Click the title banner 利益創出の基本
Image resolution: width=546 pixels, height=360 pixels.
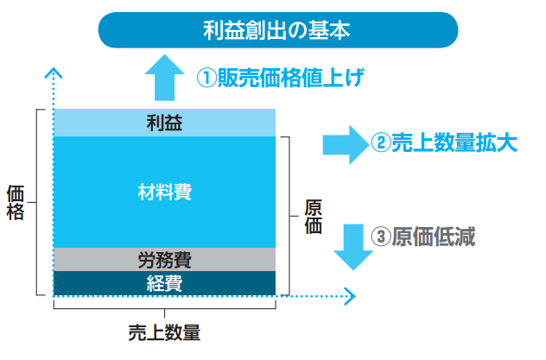coord(276,30)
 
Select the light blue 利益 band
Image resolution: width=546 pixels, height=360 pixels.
coord(164,123)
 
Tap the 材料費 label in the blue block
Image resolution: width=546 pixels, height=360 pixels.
coord(164,191)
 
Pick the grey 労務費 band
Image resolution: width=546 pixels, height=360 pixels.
coord(164,259)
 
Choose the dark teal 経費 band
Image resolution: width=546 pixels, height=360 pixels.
coord(164,282)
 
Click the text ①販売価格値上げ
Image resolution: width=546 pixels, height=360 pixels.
coord(276,78)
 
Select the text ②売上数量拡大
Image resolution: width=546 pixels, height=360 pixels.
coord(444,143)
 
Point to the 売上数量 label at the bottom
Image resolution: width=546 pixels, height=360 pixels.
coord(164,333)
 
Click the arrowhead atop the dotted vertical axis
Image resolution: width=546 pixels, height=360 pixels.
coord(54,72)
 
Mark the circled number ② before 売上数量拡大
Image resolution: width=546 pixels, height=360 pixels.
coord(380,144)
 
